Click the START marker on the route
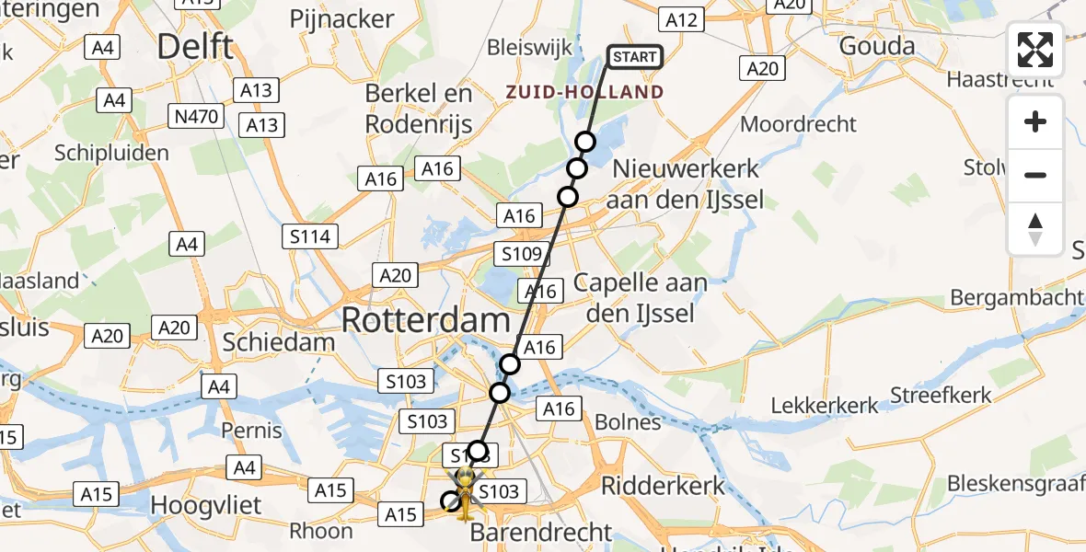pos(635,57)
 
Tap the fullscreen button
pos(1035,50)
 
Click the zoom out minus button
pos(1035,175)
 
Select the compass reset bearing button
pos(1035,229)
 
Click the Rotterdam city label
pos(425,320)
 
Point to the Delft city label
pos(195,47)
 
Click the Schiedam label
pos(279,342)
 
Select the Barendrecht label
pos(541,532)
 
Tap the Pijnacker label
pos(341,18)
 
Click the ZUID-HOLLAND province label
pos(583,92)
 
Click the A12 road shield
pos(682,19)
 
